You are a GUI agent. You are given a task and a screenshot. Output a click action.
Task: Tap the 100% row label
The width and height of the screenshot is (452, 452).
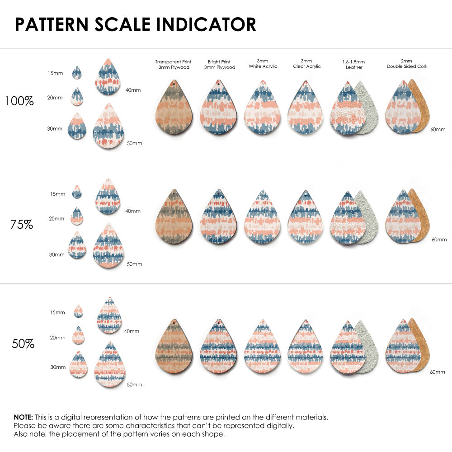tap(19, 101)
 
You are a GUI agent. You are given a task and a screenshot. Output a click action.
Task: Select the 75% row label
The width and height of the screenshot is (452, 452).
tap(22, 224)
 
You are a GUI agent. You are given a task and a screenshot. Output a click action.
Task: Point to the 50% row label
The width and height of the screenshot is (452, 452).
tap(23, 344)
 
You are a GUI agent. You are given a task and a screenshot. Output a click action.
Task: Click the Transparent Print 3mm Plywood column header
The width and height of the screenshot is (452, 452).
tap(173, 64)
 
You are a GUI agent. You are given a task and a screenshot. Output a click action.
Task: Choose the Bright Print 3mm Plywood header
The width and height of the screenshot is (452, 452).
tap(219, 64)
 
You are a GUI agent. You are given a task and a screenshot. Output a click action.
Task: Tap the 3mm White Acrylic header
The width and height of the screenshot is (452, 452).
tap(263, 64)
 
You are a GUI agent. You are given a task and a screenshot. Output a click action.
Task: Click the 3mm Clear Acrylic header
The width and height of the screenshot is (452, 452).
tap(306, 64)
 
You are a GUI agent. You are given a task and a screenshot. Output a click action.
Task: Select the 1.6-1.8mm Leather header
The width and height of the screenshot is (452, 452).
tap(354, 64)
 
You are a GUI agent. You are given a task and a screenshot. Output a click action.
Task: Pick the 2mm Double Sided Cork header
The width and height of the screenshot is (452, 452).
tap(407, 64)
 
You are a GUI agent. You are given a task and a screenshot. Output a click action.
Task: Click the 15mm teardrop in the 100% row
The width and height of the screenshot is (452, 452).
tap(77, 72)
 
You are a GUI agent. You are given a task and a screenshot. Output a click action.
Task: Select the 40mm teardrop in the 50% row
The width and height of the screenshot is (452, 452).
tap(109, 316)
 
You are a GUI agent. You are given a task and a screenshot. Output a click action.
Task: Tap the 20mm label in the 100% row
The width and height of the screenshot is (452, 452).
tap(56, 97)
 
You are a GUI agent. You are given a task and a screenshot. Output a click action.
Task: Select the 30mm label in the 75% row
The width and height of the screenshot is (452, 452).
tap(56, 254)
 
